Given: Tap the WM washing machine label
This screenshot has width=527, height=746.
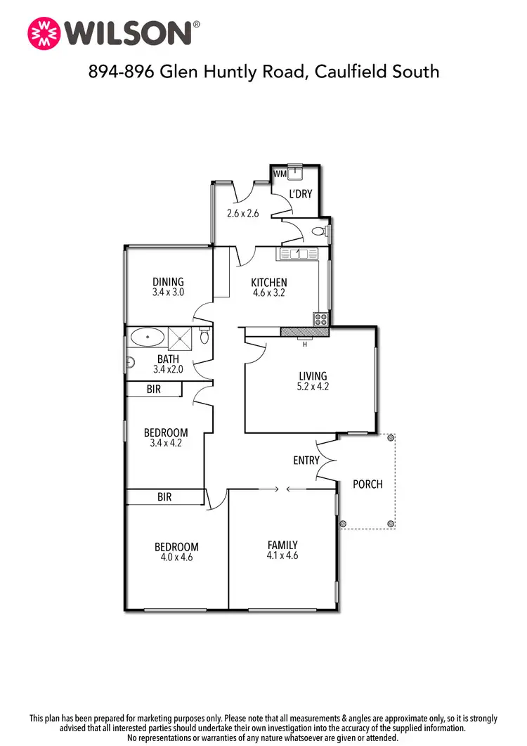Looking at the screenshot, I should click(x=280, y=173).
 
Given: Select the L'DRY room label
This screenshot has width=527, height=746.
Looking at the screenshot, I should click(x=301, y=194).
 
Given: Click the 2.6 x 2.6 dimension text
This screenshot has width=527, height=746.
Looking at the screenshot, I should click(x=243, y=213).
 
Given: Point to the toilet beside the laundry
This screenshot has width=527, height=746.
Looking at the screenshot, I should click(x=319, y=231).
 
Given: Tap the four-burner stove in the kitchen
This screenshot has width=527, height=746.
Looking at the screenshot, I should click(x=321, y=318).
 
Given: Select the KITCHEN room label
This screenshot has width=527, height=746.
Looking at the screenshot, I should click(x=269, y=283).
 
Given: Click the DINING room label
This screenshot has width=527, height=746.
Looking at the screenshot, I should click(x=168, y=283).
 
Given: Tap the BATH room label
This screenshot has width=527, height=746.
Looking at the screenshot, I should click(x=168, y=359).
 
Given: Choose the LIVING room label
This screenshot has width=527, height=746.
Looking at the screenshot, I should click(x=313, y=376).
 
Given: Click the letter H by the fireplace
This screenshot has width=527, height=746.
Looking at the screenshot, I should click(x=305, y=344).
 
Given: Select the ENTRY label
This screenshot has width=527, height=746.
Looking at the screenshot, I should click(x=306, y=461).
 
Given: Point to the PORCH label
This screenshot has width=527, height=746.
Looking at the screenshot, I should click(x=367, y=484).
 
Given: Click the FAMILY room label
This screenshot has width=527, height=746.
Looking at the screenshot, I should click(x=282, y=544).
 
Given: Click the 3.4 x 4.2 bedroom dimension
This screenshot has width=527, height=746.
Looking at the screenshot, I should click(x=166, y=443).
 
